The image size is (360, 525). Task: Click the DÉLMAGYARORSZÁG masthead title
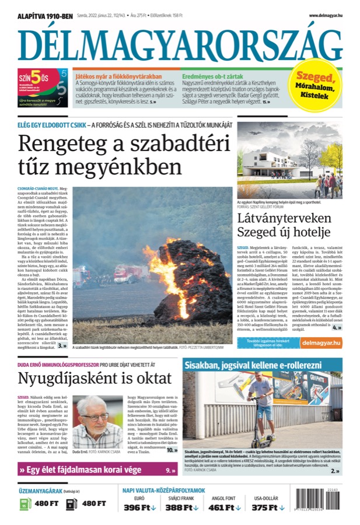click(180, 44)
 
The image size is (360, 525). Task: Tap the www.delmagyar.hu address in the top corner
click(325, 16)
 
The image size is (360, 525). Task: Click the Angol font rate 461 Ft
click(224, 508)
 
